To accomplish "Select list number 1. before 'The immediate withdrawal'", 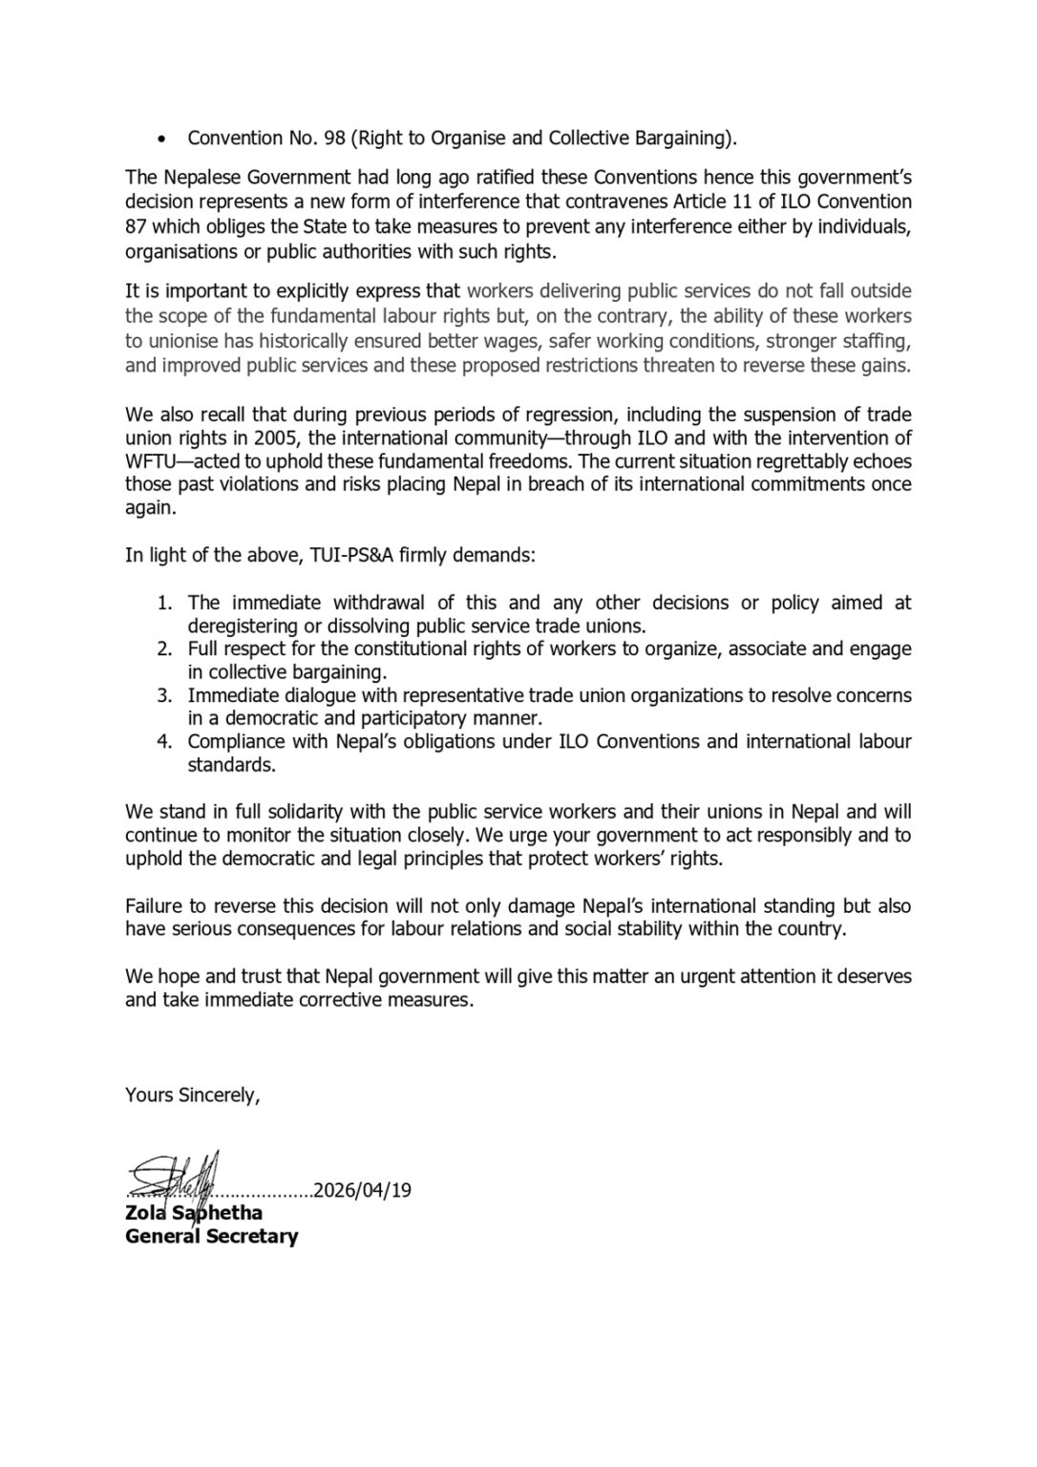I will pos(164,603).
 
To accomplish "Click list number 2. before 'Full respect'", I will pos(164,649).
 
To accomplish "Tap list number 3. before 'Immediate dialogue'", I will pos(164,695).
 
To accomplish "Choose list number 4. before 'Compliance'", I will pos(164,742).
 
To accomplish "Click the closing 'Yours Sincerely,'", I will pos(192,1095).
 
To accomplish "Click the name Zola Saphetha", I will pos(194,1214).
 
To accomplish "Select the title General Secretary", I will pos(211,1237).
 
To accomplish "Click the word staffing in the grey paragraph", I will pos(879,342).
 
